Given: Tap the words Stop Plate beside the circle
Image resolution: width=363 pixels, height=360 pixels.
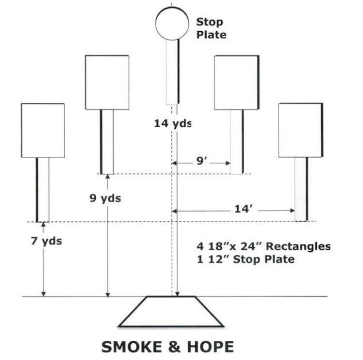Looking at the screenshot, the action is (x=211, y=29).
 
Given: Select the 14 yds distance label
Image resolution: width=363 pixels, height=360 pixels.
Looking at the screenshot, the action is (x=173, y=123).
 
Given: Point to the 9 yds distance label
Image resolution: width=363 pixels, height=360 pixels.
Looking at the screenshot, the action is (x=105, y=198).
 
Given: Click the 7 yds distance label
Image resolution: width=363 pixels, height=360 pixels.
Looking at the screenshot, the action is (x=47, y=241).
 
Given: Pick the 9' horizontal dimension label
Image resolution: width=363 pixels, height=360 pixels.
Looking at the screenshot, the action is (x=202, y=161).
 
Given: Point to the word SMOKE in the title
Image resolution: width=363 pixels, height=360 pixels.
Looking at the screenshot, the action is (x=132, y=347).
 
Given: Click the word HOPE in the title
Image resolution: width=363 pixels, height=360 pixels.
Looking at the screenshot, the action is (x=210, y=347).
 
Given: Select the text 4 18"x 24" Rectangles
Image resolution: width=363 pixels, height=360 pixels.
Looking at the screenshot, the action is (x=264, y=246).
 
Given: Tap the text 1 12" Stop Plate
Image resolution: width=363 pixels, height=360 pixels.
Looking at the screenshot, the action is (x=246, y=259).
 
